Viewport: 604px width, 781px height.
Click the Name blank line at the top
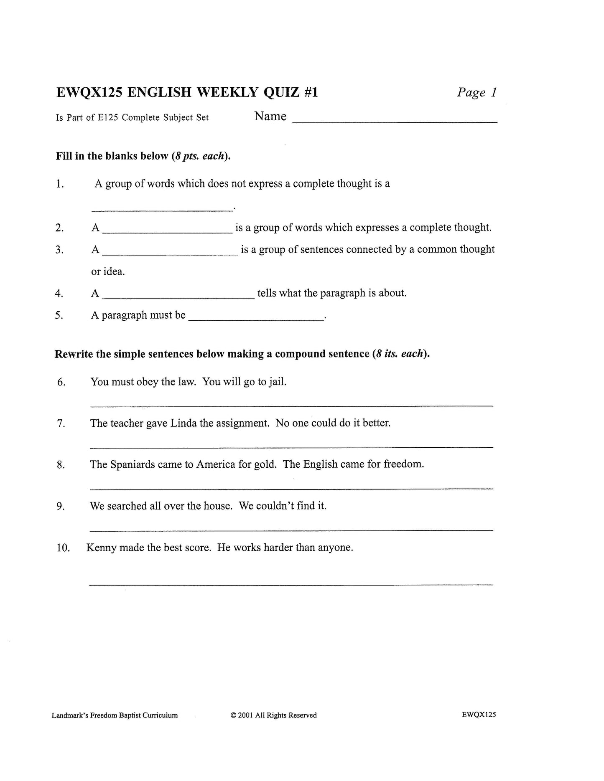[395, 121]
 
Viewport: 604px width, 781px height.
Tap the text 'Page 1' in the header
[477, 92]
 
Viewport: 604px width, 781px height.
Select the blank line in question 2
[167, 231]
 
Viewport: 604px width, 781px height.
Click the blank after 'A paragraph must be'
[256, 319]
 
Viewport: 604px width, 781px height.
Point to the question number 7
[61, 423]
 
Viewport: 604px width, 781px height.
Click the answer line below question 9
[291, 530]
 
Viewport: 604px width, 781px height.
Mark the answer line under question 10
[291, 584]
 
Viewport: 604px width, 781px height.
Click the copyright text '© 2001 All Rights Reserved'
[273, 715]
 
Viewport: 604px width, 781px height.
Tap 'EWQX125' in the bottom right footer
[479, 714]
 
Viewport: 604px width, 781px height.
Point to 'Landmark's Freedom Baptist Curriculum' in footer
[115, 715]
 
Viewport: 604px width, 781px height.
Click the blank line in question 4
[178, 298]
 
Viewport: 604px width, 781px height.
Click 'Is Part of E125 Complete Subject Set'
[132, 118]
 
